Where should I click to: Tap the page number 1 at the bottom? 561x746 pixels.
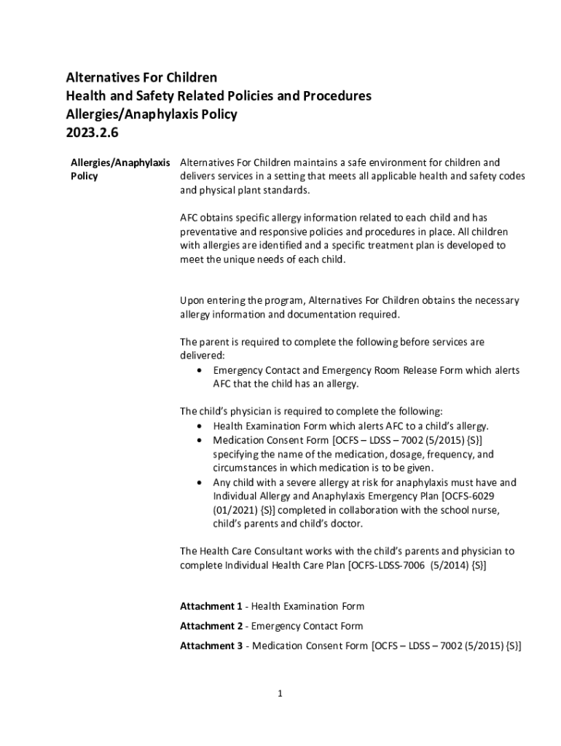tap(280, 694)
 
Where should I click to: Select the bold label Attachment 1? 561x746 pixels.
tap(211, 606)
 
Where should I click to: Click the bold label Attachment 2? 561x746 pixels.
tap(211, 626)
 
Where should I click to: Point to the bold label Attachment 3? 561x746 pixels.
tap(211, 645)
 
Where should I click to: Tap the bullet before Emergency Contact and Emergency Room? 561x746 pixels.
tap(200, 371)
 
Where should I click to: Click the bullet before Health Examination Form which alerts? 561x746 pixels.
tap(200, 426)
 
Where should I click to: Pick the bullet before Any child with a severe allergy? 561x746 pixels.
tap(200, 482)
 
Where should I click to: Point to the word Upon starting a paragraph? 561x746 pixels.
tap(194, 300)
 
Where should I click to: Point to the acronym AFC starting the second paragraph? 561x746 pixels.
tap(189, 218)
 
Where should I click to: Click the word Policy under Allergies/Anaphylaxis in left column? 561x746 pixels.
tap(85, 177)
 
